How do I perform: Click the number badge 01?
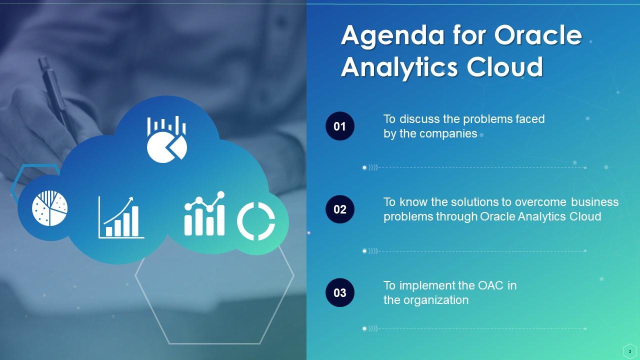pyautogui.click(x=340, y=126)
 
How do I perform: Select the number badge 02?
pyautogui.click(x=340, y=209)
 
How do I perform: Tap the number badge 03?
pyautogui.click(x=340, y=292)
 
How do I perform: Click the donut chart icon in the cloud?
pyautogui.click(x=256, y=221)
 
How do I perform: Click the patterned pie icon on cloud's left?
pyautogui.click(x=50, y=207)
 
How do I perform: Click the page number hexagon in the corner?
pyautogui.click(x=629, y=351)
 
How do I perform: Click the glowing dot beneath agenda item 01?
pyautogui.click(x=364, y=168)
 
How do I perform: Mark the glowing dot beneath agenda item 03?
pyautogui.click(x=364, y=328)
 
